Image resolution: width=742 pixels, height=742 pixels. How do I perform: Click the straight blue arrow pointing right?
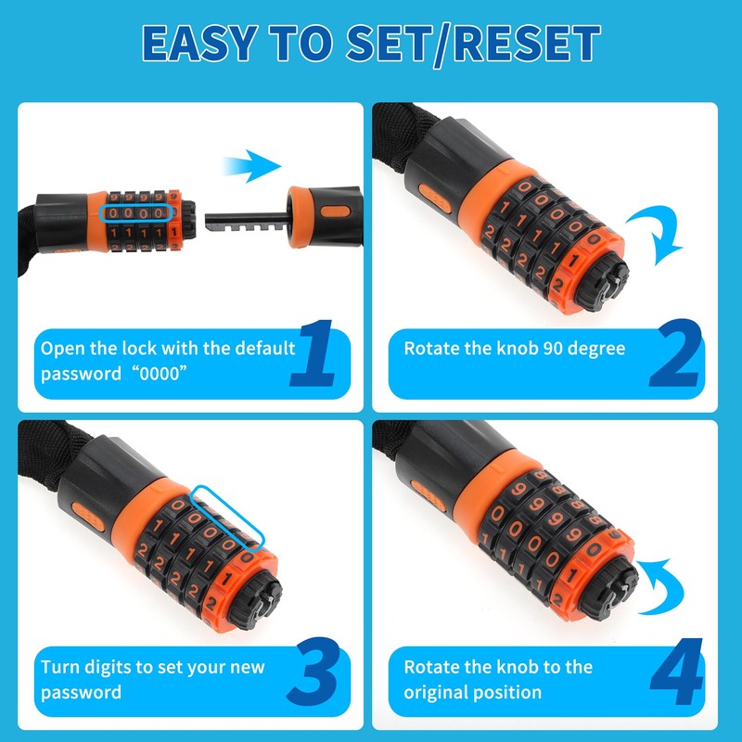(251, 168)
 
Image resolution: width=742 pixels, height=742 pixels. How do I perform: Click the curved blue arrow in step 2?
(656, 233)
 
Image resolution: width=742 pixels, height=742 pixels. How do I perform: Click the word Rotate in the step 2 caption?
(432, 349)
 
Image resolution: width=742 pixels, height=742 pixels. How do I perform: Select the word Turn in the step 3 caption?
(60, 668)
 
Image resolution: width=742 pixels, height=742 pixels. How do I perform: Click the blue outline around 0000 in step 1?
(135, 213)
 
